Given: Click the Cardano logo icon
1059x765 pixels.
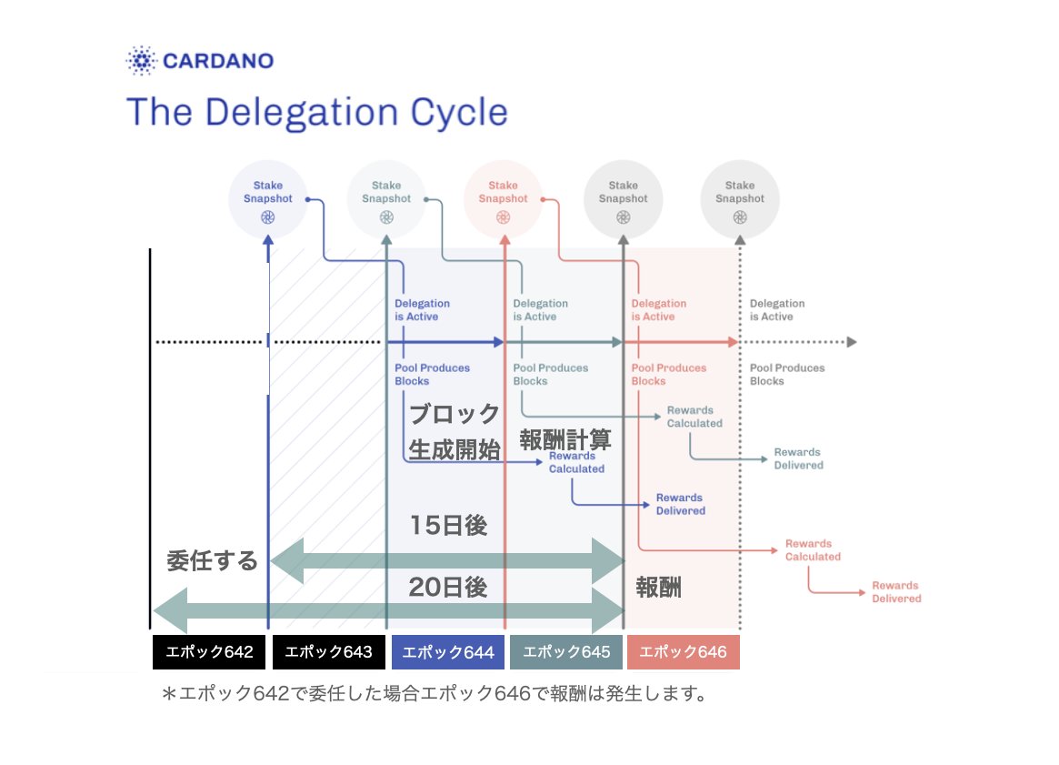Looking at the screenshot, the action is point(141,61).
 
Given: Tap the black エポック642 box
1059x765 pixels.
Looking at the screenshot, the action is point(209,652).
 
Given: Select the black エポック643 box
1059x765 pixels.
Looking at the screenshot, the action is point(329,652).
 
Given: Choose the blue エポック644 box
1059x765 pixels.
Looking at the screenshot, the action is point(448,652).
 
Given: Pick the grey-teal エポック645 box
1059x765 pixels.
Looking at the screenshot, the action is point(566,652).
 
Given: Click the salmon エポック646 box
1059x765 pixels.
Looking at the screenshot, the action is point(684,652).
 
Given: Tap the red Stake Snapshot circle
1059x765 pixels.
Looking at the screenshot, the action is point(504,199).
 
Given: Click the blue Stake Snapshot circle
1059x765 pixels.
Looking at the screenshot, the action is point(268,199).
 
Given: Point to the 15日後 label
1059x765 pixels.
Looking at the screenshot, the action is point(448,525).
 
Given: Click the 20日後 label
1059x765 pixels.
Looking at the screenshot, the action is point(448,587).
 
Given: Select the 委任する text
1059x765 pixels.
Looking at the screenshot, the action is point(212,560).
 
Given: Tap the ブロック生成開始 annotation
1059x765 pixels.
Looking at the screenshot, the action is point(455,432).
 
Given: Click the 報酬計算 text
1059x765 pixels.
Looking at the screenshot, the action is point(565,440).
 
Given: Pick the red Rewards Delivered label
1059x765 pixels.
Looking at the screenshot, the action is point(896,592).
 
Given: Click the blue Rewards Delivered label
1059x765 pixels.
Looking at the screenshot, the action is point(680,504).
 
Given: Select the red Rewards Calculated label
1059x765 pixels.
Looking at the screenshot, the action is point(813,550).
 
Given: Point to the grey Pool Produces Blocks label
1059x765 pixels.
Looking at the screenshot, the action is point(787,375).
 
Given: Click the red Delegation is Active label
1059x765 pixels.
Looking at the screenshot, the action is point(658,310).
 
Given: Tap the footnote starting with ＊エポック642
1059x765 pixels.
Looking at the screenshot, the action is point(435,694).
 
